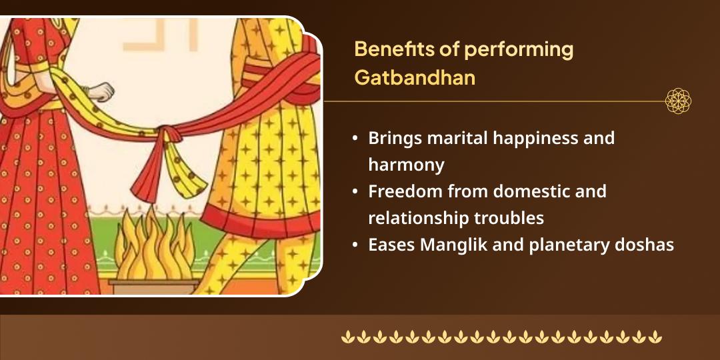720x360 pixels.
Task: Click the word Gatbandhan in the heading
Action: (x=415, y=77)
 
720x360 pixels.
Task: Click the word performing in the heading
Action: (x=528, y=49)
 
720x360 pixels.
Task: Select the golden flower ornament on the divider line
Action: (x=678, y=101)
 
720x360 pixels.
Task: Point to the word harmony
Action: (x=406, y=164)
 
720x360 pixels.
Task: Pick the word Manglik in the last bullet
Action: (x=451, y=245)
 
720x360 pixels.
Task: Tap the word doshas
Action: (x=647, y=245)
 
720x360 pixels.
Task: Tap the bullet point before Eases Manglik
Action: (x=356, y=245)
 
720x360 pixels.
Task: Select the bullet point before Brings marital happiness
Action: (x=356, y=139)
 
